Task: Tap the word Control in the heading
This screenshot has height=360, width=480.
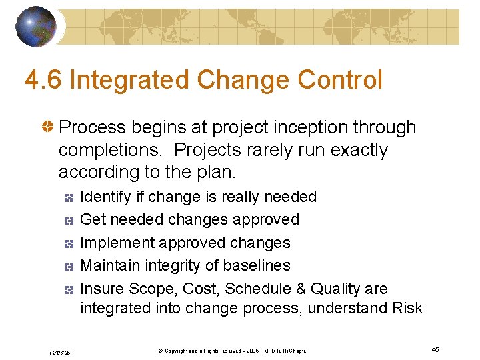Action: [340, 81]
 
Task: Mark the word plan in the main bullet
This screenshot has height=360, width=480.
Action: [213, 172]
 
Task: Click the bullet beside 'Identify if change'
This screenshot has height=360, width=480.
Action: [69, 197]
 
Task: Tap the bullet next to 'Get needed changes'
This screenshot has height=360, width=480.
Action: [69, 220]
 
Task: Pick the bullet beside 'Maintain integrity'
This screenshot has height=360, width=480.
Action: [69, 266]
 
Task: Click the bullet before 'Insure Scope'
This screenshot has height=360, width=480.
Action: [69, 289]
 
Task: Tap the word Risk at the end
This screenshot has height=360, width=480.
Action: [407, 307]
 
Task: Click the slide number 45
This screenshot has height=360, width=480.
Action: [435, 350]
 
